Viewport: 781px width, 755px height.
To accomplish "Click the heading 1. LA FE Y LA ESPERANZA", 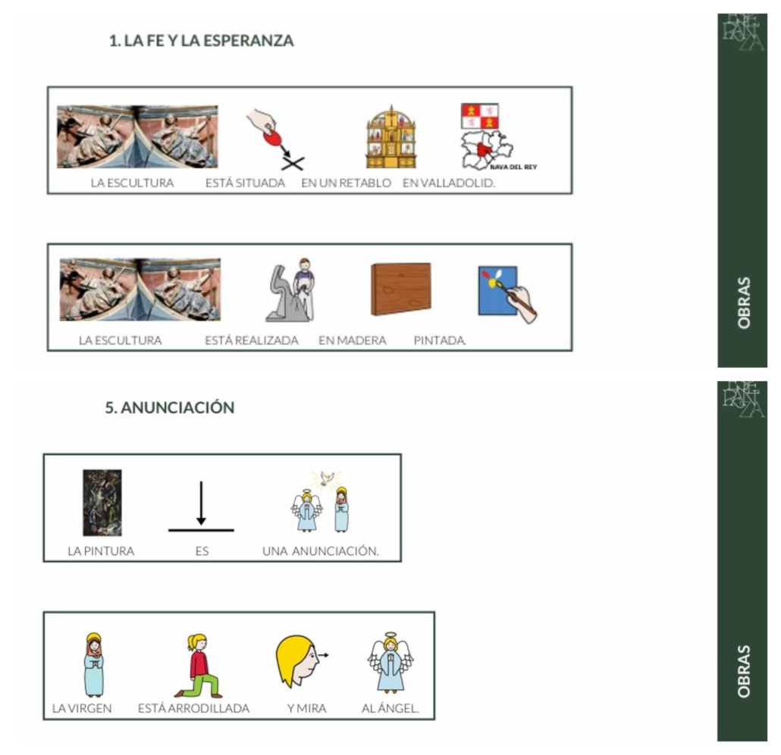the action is click(x=201, y=40).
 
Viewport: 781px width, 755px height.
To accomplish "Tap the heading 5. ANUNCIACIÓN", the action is click(x=169, y=407).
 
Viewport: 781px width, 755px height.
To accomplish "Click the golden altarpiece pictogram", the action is click(x=391, y=136).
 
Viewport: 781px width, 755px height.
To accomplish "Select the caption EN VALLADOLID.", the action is click(x=449, y=183).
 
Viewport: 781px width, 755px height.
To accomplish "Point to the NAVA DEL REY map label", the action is click(x=513, y=167).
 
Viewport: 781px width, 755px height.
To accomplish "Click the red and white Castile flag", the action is click(x=480, y=116).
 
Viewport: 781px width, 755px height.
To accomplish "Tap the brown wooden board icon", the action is click(x=401, y=289).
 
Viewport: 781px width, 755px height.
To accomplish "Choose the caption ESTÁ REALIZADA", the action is click(x=252, y=340).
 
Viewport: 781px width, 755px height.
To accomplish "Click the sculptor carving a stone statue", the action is click(x=291, y=290).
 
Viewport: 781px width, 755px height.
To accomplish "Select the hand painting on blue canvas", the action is click(x=507, y=295).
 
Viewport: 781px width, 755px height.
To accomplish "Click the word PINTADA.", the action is click(x=440, y=340).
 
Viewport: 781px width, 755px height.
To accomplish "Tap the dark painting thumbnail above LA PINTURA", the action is click(x=102, y=503).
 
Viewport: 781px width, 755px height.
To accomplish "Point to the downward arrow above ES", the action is click(x=201, y=503).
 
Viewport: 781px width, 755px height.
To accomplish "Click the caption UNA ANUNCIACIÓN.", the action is click(x=321, y=551).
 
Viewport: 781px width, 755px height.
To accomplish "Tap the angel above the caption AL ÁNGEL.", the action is click(x=390, y=663).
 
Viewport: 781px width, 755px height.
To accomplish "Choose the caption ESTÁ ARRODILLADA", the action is click(x=194, y=708).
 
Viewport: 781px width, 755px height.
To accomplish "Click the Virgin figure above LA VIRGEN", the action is click(x=94, y=664).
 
